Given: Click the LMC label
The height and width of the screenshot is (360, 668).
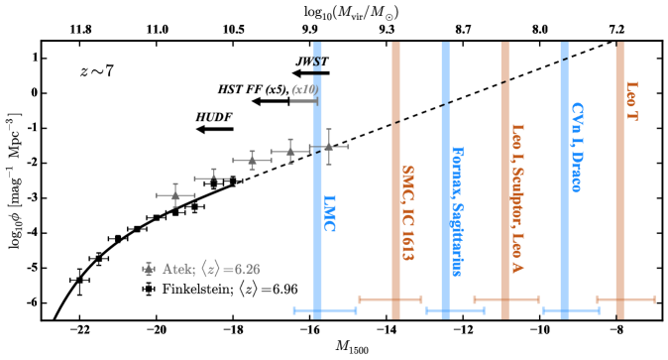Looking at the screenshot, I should (330, 213).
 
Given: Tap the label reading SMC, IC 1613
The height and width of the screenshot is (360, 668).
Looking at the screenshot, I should (407, 213).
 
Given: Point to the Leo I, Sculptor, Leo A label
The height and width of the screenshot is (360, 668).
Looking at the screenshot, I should (516, 198).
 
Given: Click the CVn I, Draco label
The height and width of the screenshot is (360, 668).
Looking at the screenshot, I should (577, 147).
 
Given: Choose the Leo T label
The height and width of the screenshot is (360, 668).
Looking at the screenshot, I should (631, 101).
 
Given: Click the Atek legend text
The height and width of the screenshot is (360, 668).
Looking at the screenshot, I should (211, 269).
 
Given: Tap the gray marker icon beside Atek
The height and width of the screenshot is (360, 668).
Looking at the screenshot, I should (149, 268).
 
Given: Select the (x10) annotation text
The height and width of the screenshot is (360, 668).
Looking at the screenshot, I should (303, 89).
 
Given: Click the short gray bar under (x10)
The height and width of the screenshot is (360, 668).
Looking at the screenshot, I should (303, 100).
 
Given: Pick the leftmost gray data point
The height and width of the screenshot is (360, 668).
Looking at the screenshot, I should (175, 195).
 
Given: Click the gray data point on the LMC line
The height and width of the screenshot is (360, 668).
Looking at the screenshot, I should (328, 147).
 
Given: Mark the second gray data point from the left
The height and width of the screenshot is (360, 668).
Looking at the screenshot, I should (212, 179).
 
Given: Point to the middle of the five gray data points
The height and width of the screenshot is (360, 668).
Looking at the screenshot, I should (252, 160).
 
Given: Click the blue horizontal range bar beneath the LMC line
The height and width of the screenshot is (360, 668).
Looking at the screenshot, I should (325, 310).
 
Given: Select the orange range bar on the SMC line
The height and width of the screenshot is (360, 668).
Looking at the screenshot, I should (390, 299).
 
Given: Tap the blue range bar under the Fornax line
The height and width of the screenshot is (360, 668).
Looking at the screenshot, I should (455, 310).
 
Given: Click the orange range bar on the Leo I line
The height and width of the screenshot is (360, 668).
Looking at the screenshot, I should (506, 299).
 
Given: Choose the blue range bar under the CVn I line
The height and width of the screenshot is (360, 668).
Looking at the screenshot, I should (571, 310).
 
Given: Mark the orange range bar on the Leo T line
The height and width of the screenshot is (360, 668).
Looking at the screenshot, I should (625, 299).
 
